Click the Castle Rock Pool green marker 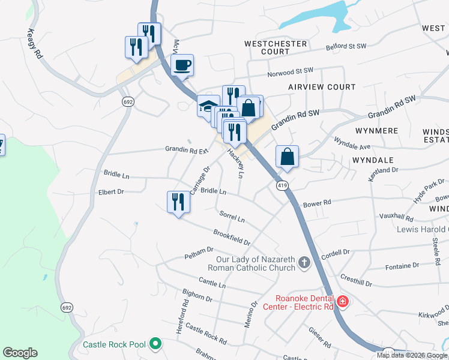(155, 344)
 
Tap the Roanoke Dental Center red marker (342, 301)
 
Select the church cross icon (304, 262)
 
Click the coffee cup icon (182, 65)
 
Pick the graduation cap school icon (208, 107)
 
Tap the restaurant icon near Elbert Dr (178, 202)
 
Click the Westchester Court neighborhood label (276, 48)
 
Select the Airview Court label (322, 87)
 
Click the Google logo (20, 353)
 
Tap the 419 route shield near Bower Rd (282, 186)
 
